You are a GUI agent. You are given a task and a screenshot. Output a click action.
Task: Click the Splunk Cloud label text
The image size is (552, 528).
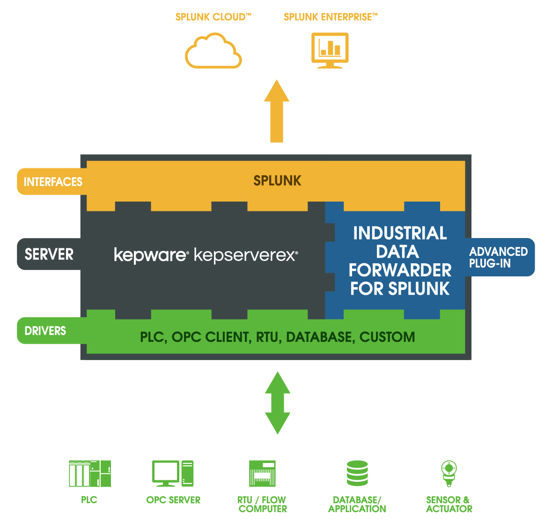213,17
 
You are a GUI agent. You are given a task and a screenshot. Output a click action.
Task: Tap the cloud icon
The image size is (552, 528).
213,51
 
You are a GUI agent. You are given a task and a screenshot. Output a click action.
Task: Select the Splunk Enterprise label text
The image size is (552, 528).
330,17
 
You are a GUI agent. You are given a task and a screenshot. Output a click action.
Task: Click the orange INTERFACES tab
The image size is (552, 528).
52,182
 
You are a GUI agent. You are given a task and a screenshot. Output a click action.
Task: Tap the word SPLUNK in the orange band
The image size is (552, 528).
277,181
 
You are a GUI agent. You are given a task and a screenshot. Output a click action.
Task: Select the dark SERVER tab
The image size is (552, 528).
49,254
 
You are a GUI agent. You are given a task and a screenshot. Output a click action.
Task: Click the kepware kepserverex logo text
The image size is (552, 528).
206,255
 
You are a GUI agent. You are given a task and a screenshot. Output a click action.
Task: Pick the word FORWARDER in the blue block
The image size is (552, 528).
400,270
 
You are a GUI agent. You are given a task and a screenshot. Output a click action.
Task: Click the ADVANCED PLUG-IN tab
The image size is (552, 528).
499,257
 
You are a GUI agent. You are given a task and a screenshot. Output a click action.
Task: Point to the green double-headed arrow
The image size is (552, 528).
278,403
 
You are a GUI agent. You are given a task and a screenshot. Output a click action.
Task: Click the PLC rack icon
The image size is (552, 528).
89,473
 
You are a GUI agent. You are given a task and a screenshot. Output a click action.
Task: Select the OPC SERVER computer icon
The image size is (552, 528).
173,473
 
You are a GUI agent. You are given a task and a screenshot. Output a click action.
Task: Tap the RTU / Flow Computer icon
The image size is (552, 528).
262,473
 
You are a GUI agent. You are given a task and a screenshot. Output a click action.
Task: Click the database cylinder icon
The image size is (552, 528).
357,473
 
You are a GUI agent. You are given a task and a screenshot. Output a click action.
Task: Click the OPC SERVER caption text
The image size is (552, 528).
173,500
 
